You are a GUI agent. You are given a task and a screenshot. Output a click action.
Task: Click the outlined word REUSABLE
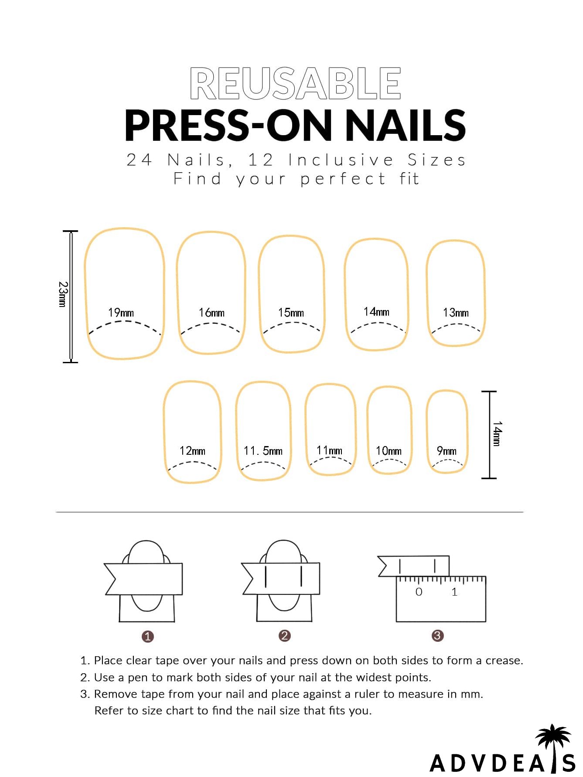pos(295,83)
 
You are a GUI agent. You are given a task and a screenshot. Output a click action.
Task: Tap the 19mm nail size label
pos(121,313)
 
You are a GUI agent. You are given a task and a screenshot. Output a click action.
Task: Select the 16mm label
pos(211,313)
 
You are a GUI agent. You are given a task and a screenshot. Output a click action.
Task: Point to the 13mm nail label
pos(456,313)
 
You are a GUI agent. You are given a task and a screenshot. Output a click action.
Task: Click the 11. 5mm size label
pos(263,451)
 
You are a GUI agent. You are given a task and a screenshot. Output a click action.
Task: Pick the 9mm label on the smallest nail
pos(447,451)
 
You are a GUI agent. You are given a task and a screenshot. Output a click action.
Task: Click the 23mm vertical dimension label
pos(63,294)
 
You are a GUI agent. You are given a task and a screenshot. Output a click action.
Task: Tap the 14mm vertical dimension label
pos(497,433)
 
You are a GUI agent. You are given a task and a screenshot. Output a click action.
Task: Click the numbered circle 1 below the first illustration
pos(148,637)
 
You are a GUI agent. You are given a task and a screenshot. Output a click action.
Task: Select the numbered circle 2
pos(284,636)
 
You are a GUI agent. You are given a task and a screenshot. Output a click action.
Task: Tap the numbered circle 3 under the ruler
pos(437,636)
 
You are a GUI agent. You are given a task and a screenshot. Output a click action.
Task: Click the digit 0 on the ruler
pos(419,592)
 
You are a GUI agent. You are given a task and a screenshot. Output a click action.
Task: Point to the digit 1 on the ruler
pos(454,592)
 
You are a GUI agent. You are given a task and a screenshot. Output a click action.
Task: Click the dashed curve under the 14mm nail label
pos(378,325)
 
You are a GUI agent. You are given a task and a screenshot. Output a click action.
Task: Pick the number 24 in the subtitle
pos(139,160)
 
